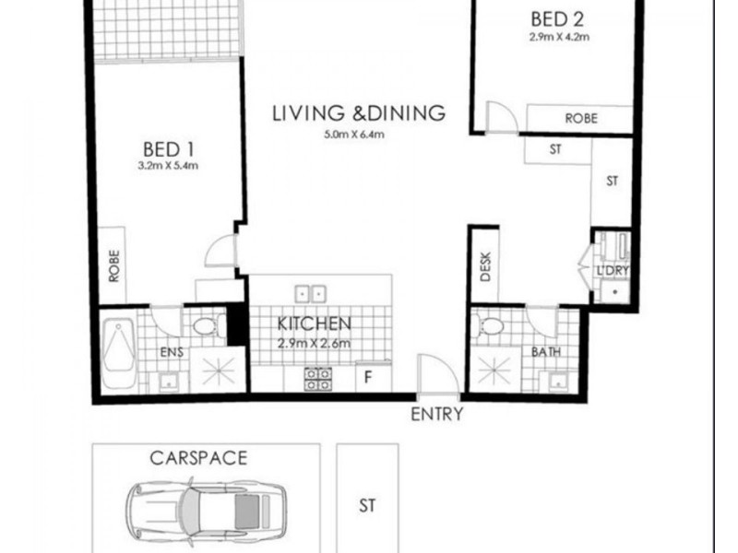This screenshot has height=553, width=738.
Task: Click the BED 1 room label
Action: click(x=167, y=148)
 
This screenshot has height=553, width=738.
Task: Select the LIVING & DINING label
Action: click(x=359, y=113)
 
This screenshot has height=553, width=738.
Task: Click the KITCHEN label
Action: click(x=315, y=324)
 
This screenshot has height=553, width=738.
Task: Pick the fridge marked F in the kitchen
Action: click(x=369, y=376)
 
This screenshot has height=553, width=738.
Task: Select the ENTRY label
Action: click(x=436, y=415)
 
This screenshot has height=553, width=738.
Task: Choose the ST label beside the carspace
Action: click(x=367, y=505)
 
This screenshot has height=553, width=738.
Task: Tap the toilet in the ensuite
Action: click(x=204, y=325)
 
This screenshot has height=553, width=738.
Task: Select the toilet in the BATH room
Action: click(x=488, y=326)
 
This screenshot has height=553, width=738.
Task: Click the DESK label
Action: click(x=484, y=267)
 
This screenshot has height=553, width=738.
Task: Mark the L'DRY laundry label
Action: click(x=612, y=271)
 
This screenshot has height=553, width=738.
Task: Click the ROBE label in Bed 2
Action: click(x=581, y=119)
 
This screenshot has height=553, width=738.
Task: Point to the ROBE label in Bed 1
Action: click(x=113, y=267)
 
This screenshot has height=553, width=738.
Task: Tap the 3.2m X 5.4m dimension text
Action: click(x=167, y=167)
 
